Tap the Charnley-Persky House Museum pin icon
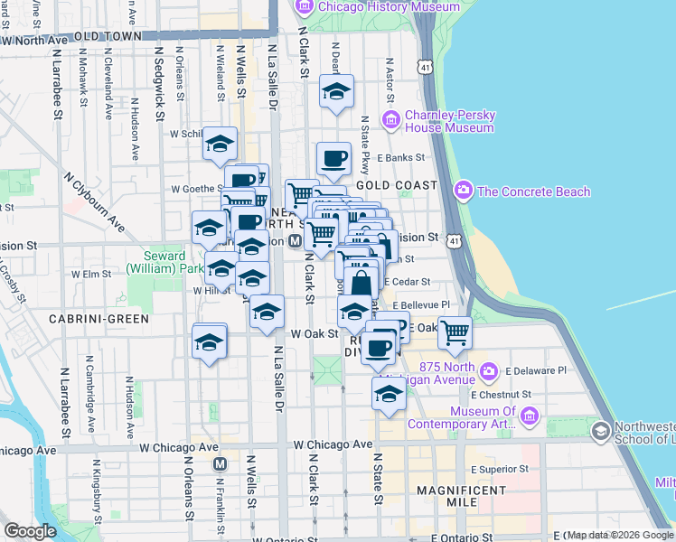coord(391,120)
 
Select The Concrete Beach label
coord(533,192)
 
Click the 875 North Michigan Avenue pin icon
coord(489,371)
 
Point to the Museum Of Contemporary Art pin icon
coord(529,416)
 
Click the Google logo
coord(30,531)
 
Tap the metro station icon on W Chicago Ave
coord(219,463)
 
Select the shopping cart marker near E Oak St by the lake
coord(455,332)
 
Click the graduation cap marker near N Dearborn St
coord(336,91)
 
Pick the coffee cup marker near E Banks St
coord(333,159)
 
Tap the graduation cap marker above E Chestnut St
coord(389,393)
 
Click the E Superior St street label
coord(499,470)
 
